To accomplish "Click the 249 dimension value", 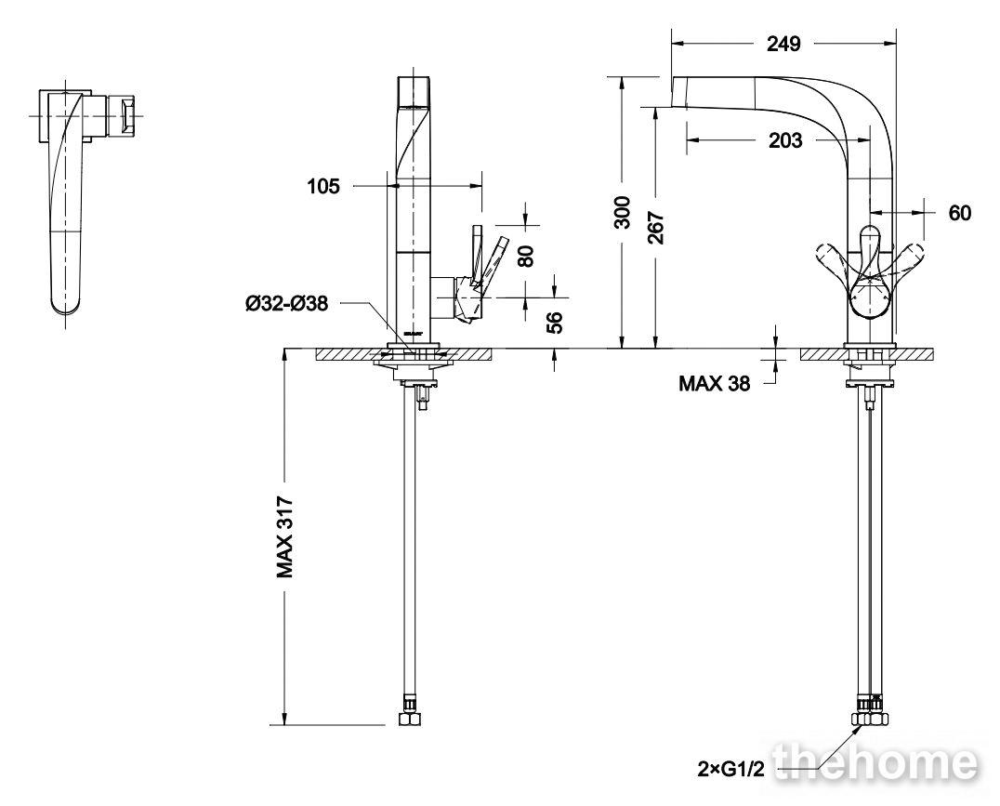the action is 783,44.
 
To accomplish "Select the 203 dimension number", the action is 784,139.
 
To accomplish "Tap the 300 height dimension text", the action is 622,212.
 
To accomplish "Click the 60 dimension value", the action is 960,213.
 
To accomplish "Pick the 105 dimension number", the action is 323,186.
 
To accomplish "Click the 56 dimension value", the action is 555,323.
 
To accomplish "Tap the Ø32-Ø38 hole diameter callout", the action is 287,303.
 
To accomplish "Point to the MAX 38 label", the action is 715,383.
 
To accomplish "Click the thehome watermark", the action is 875,762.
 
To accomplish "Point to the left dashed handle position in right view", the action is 836,261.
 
